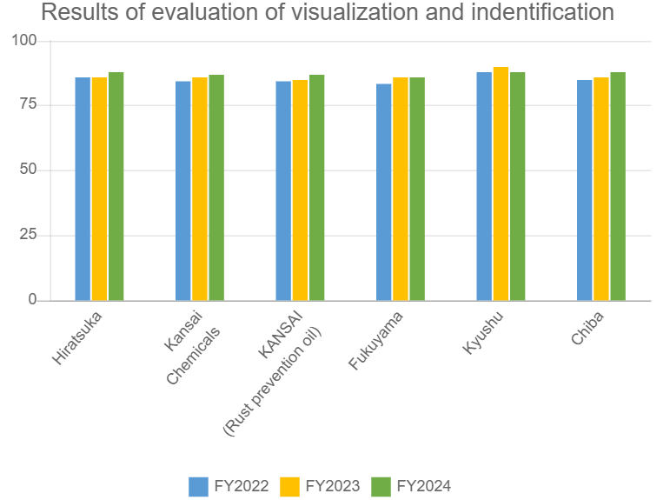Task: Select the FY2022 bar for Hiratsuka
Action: click(x=83, y=189)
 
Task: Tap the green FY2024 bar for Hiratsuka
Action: click(x=116, y=186)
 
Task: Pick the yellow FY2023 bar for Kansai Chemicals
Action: click(x=200, y=189)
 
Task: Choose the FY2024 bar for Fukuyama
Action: click(x=417, y=189)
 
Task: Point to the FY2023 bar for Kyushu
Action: click(x=501, y=183)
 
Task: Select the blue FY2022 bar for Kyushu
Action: click(x=484, y=186)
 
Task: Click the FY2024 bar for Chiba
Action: click(x=618, y=186)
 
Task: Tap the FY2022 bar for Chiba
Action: click(x=585, y=190)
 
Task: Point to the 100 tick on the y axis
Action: click(x=26, y=41)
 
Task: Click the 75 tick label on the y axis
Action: click(x=30, y=105)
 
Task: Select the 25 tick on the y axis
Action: click(x=30, y=235)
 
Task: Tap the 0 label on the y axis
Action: click(x=33, y=300)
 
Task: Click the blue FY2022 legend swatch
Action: click(x=199, y=486)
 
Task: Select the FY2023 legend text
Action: click(x=332, y=486)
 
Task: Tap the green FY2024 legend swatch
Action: click(x=381, y=486)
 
